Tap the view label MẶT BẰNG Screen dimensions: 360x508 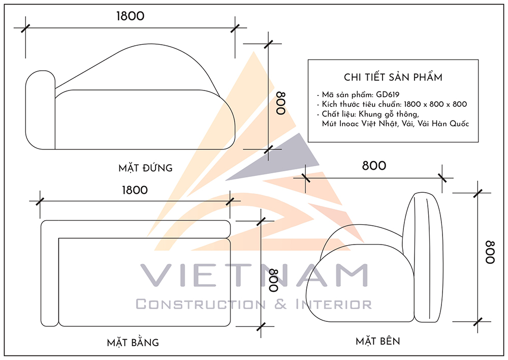pyautogui.click(x=133, y=342)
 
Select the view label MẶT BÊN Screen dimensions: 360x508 pyautogui.click(x=377, y=341)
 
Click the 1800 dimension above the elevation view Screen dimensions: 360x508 pyautogui.click(x=130, y=16)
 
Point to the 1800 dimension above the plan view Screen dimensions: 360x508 pyautogui.click(x=135, y=190)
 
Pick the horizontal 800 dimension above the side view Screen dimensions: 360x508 pyautogui.click(x=373, y=166)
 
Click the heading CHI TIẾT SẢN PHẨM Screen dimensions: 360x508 pyautogui.click(x=393, y=77)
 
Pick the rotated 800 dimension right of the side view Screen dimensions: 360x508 pyautogui.click(x=490, y=252)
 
